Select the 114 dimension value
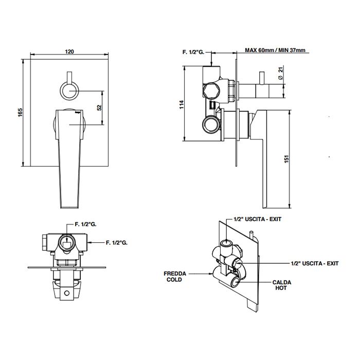(x=182, y=105)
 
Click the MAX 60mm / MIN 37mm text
(x=275, y=50)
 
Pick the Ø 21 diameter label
(x=280, y=73)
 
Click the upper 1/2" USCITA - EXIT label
(x=258, y=219)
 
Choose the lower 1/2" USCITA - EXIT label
(x=314, y=263)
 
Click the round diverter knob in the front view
(x=68, y=91)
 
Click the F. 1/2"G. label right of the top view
(x=117, y=242)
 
